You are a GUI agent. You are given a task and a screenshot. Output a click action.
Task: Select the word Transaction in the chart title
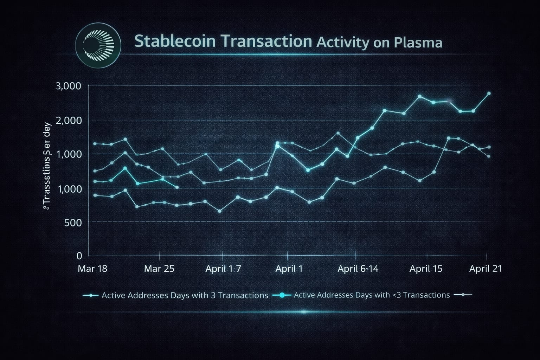click(x=267, y=41)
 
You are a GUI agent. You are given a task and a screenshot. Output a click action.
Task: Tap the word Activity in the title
click(x=343, y=43)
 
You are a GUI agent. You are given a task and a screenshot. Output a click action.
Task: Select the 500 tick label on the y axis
click(x=73, y=222)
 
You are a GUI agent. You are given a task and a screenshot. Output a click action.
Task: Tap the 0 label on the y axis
click(x=79, y=256)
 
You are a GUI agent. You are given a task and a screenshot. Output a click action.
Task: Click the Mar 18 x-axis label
click(x=92, y=269)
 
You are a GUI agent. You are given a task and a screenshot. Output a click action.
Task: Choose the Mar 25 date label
click(x=159, y=269)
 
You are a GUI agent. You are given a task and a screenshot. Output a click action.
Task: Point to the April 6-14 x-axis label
click(x=358, y=269)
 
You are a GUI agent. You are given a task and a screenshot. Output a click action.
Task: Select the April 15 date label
click(x=426, y=269)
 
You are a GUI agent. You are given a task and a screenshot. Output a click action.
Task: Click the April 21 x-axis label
click(x=486, y=269)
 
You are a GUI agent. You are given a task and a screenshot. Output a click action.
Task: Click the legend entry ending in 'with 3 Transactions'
click(x=185, y=295)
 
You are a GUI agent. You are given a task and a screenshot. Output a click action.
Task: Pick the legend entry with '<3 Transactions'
click(x=372, y=295)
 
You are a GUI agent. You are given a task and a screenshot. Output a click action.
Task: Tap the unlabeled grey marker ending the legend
click(x=463, y=295)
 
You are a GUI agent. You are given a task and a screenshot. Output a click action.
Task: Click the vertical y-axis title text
click(x=46, y=165)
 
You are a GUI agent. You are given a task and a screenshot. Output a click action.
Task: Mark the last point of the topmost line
click(x=489, y=94)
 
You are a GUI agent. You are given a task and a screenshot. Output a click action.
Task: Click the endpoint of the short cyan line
click(x=177, y=187)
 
